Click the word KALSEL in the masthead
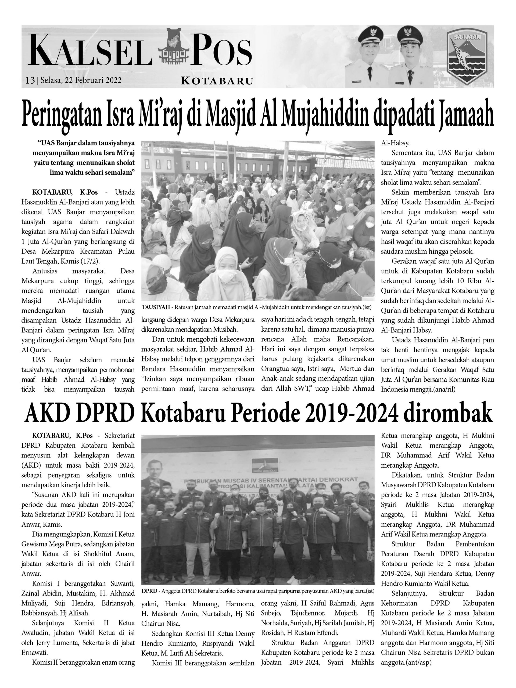[90, 51]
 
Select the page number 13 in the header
[30, 80]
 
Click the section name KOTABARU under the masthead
[217, 81]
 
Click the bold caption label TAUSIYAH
[156, 308]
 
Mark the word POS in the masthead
[221, 51]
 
